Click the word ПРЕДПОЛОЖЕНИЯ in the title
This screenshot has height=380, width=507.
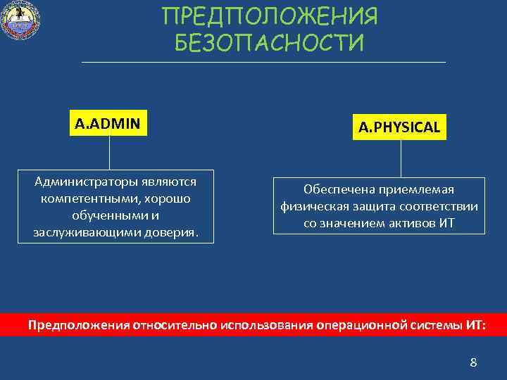tap(270, 16)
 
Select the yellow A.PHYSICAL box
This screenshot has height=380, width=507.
tap(399, 127)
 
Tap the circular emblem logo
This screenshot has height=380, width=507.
tap(21, 21)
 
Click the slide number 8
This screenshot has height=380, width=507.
tap(473, 363)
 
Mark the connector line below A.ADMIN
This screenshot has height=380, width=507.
tap(109, 153)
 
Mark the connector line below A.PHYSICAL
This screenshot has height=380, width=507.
tap(401, 158)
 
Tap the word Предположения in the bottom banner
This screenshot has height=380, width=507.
tap(76, 326)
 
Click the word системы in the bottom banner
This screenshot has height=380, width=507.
tap(437, 326)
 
